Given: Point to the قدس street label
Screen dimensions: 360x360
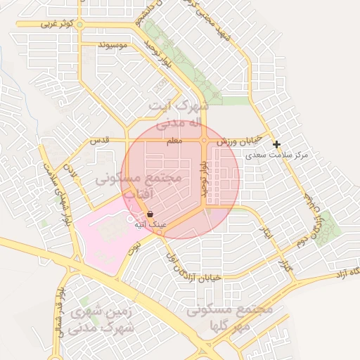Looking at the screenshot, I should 96,141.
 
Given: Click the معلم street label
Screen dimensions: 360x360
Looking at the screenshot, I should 174,141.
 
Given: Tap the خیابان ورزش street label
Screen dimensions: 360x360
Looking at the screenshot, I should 239,140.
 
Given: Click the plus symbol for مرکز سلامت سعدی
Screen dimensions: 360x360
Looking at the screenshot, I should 277,144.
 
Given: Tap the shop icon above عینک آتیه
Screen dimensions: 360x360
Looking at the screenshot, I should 150,214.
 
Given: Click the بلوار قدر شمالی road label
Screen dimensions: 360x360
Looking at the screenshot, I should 63,309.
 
